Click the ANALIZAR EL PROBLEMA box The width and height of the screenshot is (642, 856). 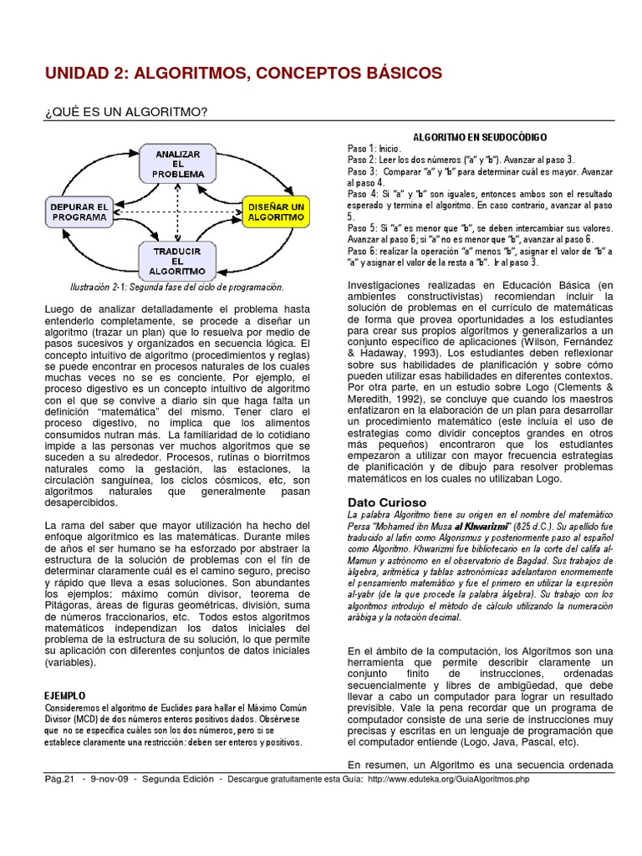[177, 164]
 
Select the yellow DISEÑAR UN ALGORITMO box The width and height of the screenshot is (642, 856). [275, 211]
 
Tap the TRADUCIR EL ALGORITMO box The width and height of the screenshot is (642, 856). [177, 260]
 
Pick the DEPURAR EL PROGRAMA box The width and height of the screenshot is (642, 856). [79, 211]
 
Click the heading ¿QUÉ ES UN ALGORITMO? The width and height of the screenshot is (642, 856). [125, 112]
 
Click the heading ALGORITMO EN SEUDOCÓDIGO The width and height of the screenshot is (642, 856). [481, 135]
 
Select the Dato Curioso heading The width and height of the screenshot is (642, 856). [386, 502]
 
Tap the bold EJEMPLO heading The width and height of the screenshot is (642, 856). [64, 695]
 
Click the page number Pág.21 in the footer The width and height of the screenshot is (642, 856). [60, 779]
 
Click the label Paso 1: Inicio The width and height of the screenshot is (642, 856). [374, 147]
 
